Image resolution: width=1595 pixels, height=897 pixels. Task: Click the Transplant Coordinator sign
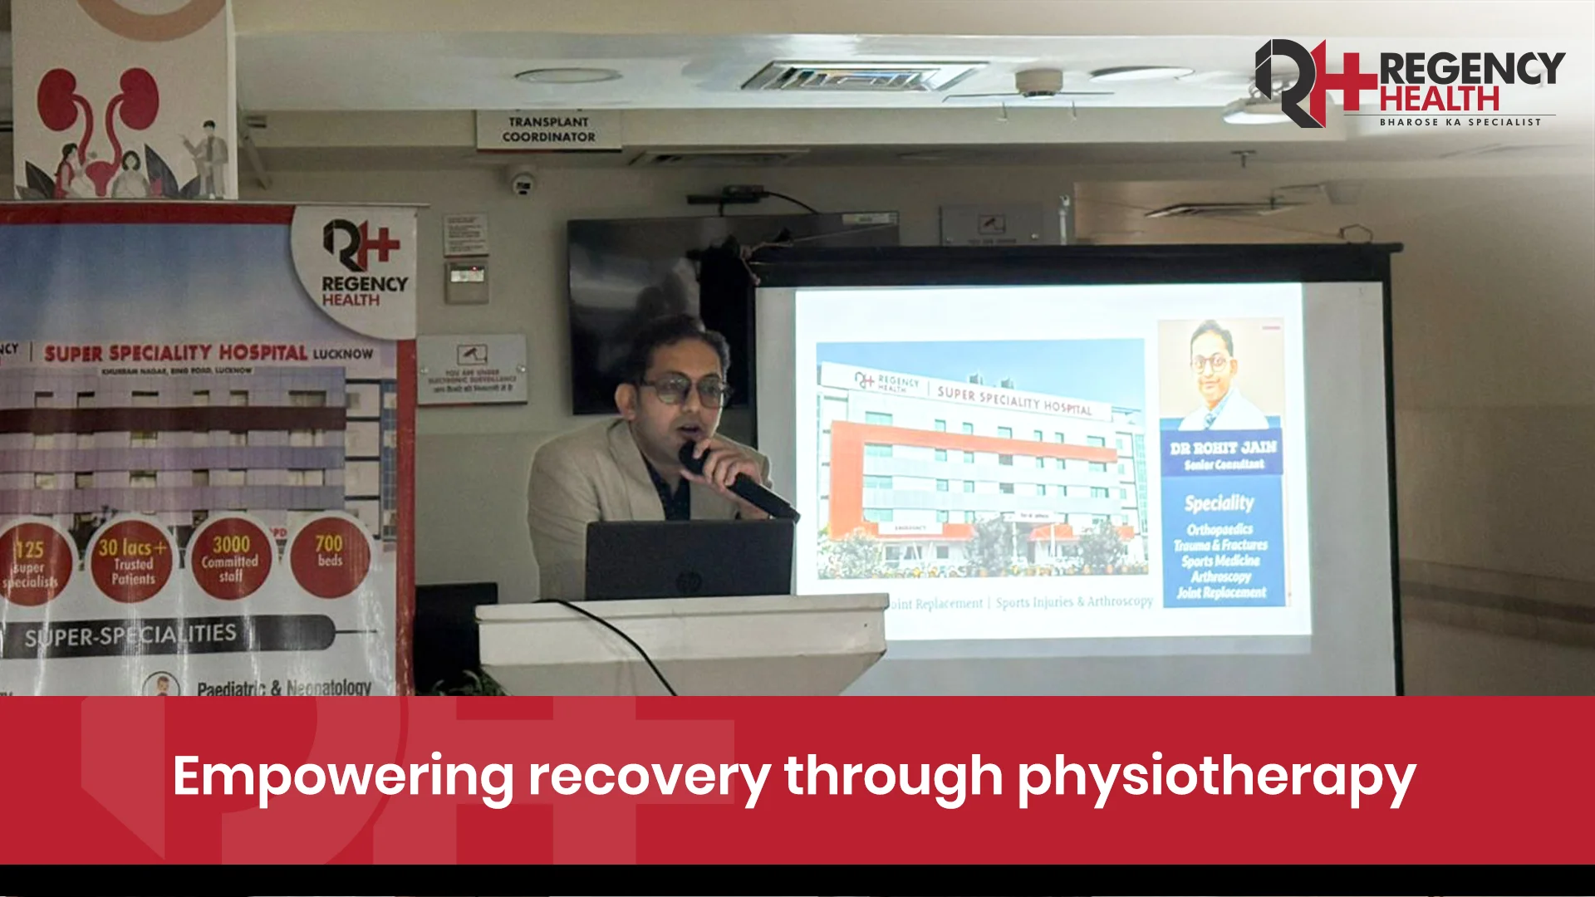coord(548,130)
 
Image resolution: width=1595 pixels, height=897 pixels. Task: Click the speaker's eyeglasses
coord(684,390)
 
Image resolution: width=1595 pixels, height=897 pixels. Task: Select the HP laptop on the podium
coord(689,558)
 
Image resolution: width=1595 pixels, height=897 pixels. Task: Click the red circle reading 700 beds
coord(329,555)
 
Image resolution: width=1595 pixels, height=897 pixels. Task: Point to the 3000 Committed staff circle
coord(230,558)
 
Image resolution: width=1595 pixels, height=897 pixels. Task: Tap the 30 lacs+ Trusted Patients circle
coord(133,561)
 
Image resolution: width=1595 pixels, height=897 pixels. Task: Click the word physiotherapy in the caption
coord(1216,777)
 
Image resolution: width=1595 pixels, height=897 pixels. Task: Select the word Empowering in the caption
coord(343,777)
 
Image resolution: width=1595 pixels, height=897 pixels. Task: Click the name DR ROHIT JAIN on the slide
coord(1223,448)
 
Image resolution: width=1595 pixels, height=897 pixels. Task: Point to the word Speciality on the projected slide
coord(1219,502)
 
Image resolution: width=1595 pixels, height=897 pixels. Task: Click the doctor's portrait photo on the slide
coord(1220,374)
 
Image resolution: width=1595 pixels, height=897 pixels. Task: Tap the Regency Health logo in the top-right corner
coord(1409,83)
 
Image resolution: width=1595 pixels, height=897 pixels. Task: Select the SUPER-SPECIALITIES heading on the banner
coord(130,636)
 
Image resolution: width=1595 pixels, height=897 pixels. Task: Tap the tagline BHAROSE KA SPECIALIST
coord(1460,122)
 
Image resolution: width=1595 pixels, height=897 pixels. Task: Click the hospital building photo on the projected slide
coord(980,461)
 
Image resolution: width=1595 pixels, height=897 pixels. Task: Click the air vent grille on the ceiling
coord(860,78)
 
